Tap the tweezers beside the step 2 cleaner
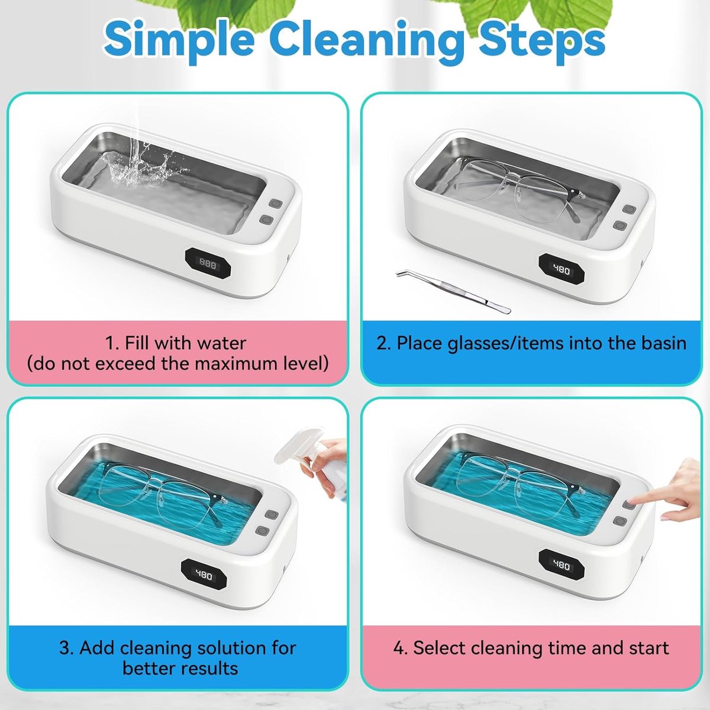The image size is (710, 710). tap(453, 291)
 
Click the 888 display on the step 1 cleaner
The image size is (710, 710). tap(208, 264)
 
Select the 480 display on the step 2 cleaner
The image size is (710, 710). tap(561, 270)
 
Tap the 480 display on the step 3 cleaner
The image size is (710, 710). tap(204, 575)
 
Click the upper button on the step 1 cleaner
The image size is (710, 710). tap(275, 203)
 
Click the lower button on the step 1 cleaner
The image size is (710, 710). tap(266, 220)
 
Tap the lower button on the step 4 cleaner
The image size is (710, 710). tap(621, 521)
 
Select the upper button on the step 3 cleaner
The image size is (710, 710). tap(272, 514)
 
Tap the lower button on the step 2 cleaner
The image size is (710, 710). tap(621, 225)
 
